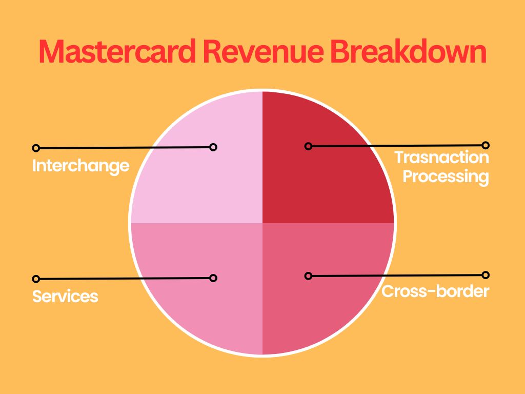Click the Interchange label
coord(80,166)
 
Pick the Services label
coord(65,296)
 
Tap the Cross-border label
coord(435,291)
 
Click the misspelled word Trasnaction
coord(441,157)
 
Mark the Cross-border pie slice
coord(328,313)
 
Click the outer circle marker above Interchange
coord(36,148)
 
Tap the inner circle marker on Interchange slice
coord(213,147)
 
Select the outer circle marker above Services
coord(36,279)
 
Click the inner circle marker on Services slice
coord(213,278)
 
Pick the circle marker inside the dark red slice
coord(308,146)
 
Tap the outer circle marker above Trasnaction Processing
coord(486,145)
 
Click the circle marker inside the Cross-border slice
coord(308,276)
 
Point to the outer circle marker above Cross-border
coord(486,275)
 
